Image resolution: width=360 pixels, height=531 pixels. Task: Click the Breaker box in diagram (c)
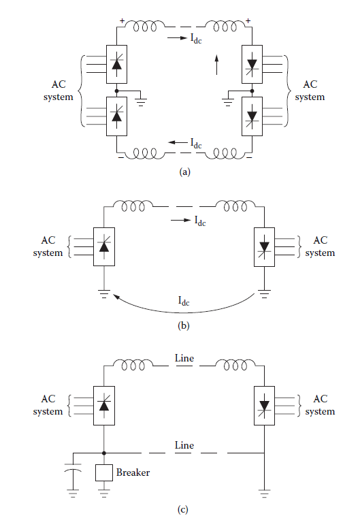click(103, 472)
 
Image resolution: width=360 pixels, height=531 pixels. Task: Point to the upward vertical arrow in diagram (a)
click(216, 67)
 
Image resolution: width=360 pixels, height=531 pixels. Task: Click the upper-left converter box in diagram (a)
click(117, 63)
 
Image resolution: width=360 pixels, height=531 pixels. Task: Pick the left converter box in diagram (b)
click(103, 246)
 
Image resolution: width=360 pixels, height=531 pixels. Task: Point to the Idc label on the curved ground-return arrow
click(184, 300)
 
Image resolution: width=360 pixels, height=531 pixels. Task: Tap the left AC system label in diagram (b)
click(48, 246)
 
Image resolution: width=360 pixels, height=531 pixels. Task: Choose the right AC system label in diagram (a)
click(310, 91)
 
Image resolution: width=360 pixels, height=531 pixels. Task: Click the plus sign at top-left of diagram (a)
click(122, 20)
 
